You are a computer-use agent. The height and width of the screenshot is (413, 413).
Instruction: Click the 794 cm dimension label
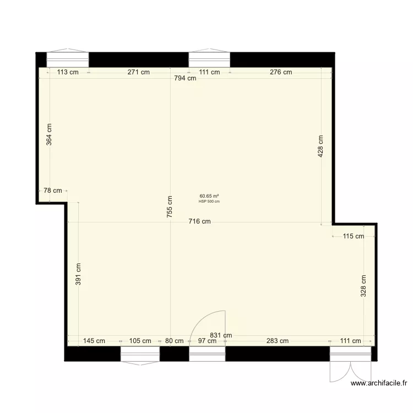184,78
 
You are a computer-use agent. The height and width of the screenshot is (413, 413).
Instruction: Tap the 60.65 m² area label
209,195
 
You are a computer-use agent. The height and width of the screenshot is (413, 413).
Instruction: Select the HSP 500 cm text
209,201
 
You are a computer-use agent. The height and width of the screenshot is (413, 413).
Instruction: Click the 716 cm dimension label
199,222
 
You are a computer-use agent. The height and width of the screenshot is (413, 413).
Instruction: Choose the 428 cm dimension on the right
320,146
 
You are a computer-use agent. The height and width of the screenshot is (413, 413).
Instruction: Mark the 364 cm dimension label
49,133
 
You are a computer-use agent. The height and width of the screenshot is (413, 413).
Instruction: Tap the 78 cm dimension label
53,191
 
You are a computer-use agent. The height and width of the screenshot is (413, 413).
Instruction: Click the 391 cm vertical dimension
78,274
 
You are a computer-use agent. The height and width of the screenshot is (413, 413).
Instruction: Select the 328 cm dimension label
363,286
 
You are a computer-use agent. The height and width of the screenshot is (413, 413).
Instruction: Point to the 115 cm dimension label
353,236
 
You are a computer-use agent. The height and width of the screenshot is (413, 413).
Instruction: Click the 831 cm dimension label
220,335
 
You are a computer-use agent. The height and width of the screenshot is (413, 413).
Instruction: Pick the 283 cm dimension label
277,341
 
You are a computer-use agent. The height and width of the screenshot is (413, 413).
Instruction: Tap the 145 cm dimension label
94,341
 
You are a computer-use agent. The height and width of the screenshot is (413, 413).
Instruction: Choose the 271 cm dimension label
138,72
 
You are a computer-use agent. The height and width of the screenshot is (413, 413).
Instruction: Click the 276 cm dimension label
281,72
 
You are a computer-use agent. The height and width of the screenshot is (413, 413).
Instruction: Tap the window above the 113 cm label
68,59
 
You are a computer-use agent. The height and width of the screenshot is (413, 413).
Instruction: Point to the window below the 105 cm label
140,354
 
